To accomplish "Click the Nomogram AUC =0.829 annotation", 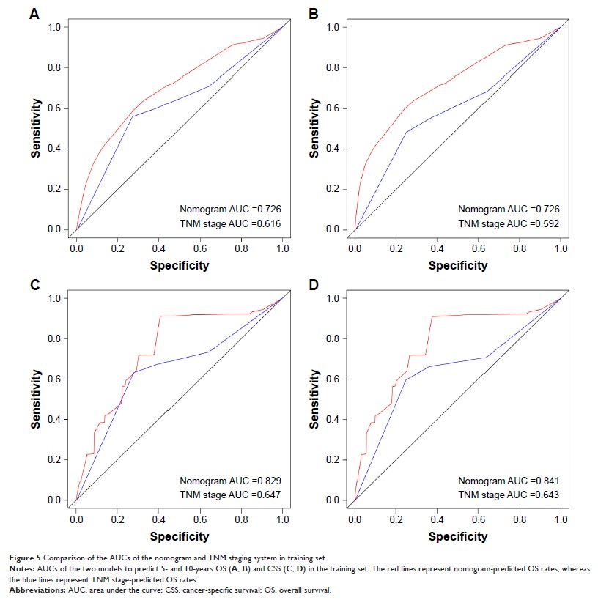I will [231, 481].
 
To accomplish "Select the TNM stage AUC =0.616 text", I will [231, 223].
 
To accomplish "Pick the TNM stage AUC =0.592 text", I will [509, 223].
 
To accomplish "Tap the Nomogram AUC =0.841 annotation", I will [509, 481].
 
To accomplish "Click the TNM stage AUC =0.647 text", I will [231, 495].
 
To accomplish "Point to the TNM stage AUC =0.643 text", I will [509, 495].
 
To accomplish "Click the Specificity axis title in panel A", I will [180, 265].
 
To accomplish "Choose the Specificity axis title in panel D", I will [458, 536].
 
